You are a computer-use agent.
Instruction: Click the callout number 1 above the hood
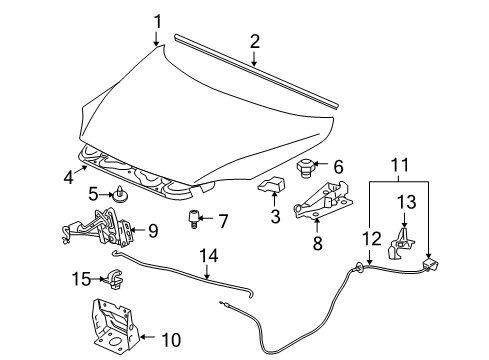(x=156, y=19)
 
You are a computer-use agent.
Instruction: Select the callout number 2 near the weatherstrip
(x=254, y=41)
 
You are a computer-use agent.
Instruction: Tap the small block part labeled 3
(x=271, y=183)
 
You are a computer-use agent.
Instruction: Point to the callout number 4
(x=68, y=178)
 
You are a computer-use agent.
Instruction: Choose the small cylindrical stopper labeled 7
(x=189, y=219)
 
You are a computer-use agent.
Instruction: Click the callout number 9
(x=153, y=231)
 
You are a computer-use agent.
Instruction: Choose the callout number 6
(x=338, y=167)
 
